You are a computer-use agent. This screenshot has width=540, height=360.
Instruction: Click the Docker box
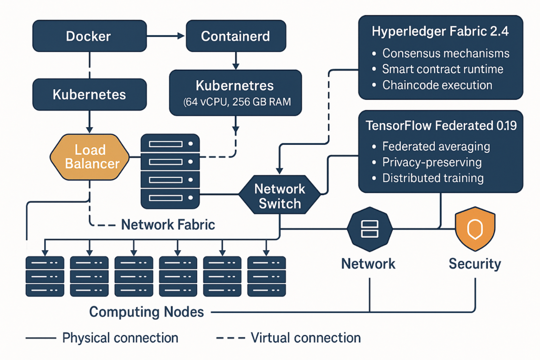click(90, 36)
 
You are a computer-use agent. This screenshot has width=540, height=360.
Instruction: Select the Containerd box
click(235, 36)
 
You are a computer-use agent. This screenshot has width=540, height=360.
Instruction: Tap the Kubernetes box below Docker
click(90, 94)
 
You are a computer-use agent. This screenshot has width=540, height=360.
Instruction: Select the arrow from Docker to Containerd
click(166, 36)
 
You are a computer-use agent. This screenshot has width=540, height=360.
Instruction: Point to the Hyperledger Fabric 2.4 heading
click(441, 32)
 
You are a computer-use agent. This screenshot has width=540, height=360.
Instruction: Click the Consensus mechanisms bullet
click(445, 54)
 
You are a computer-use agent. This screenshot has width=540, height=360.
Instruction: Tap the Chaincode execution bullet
click(437, 85)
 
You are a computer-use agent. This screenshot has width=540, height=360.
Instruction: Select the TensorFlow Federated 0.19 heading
click(441, 126)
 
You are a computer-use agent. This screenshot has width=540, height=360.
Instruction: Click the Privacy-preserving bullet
click(432, 162)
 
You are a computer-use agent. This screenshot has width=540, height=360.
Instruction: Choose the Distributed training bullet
click(432, 178)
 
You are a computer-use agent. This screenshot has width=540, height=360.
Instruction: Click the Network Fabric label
click(168, 225)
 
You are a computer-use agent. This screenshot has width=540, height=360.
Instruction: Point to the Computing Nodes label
click(146, 311)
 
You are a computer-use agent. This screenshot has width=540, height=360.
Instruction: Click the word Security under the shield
click(475, 264)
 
